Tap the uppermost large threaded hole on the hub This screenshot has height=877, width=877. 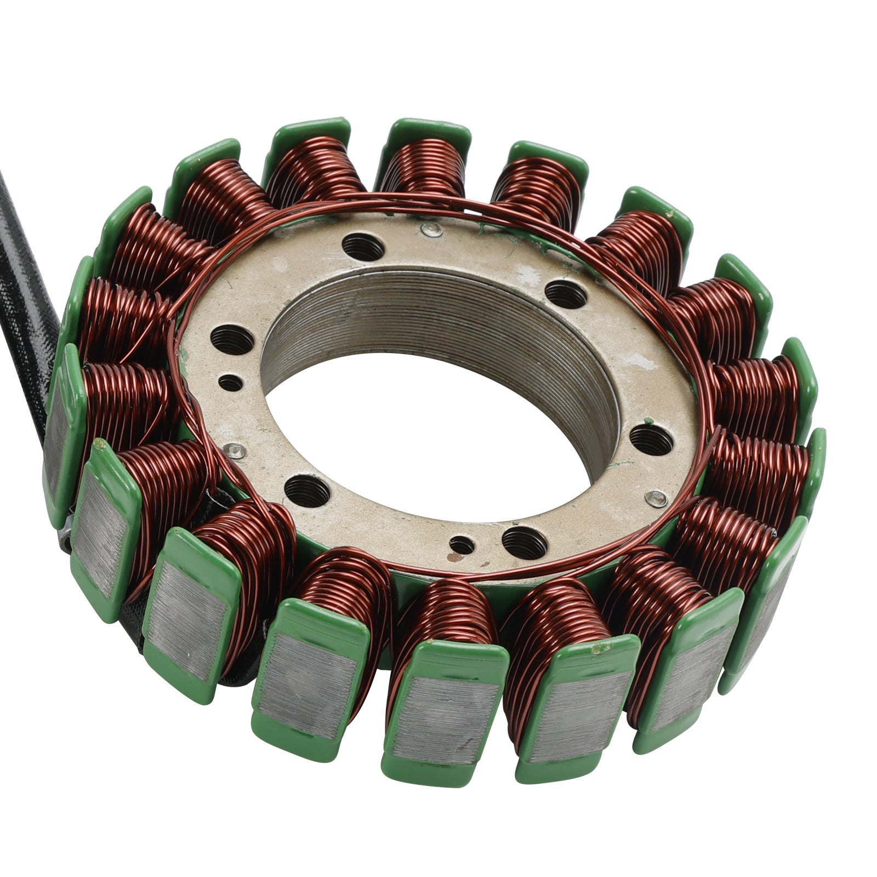coord(362,247)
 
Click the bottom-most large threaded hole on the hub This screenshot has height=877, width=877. coord(524,543)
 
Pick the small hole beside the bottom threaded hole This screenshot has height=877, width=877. coord(462,545)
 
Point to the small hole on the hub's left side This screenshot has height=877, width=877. coord(230,382)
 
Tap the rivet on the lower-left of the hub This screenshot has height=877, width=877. coord(236,450)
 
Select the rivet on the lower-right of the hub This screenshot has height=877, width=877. coord(654,499)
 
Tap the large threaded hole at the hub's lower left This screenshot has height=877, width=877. coord(307,489)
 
